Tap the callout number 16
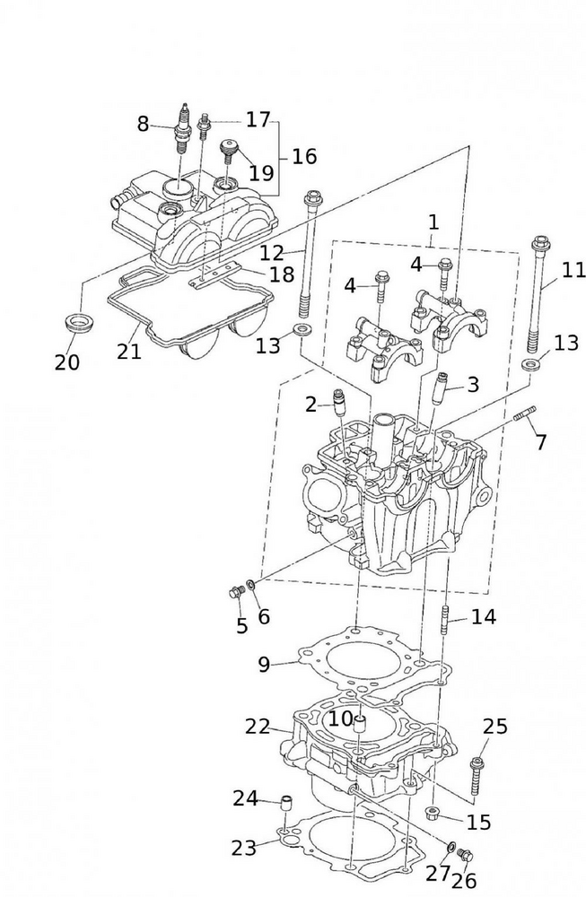[303, 157]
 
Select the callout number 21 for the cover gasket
[129, 351]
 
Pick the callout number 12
[272, 252]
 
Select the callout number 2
[310, 405]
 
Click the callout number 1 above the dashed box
[433, 221]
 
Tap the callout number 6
[263, 617]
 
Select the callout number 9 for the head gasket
[263, 665]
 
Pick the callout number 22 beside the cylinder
[258, 727]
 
